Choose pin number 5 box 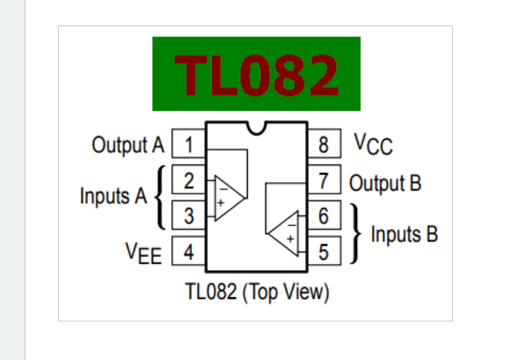tap(324, 252)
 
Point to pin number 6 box tap(324, 216)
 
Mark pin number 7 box tap(324, 180)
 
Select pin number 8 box tap(324, 144)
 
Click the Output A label tap(128, 145)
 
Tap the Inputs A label tap(113, 196)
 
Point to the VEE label tap(144, 253)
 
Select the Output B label tap(385, 182)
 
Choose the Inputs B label tap(404, 235)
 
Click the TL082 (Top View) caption tap(257, 292)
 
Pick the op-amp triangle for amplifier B tap(285, 233)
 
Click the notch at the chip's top tap(256, 127)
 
